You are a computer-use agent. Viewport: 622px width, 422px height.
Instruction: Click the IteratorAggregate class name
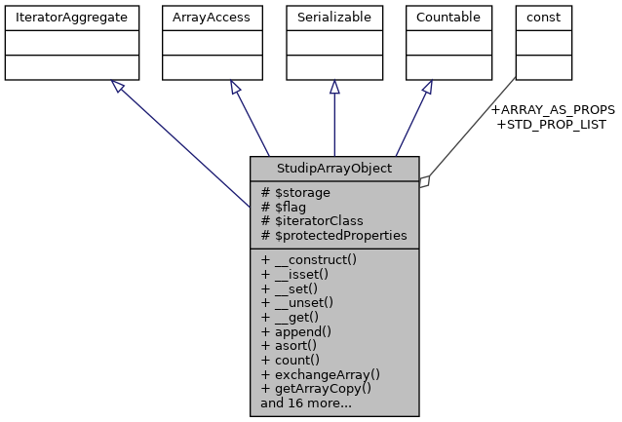point(71,18)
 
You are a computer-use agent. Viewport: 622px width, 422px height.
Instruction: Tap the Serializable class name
point(334,18)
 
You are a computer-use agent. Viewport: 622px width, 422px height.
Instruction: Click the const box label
point(542,18)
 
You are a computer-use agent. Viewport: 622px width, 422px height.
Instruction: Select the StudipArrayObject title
point(334,168)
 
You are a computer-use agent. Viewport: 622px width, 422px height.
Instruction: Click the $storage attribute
point(296,192)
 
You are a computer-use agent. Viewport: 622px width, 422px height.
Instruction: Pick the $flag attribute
point(287,207)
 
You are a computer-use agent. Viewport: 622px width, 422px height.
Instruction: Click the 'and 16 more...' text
point(306,402)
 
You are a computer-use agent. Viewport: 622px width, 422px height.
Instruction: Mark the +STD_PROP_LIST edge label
point(551,124)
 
